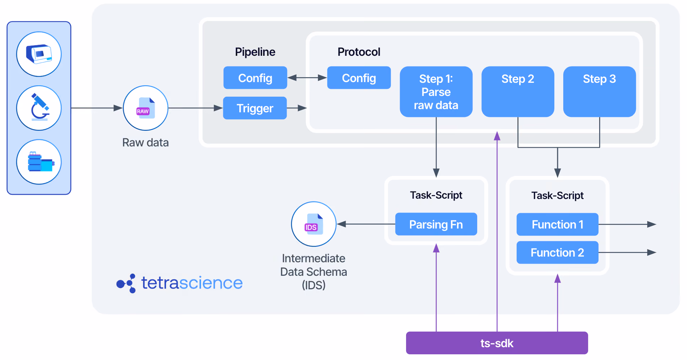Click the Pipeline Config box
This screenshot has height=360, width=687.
(x=255, y=78)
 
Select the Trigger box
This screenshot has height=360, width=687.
(x=255, y=108)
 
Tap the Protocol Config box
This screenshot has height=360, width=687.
(x=359, y=78)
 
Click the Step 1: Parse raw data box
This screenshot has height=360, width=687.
(x=436, y=92)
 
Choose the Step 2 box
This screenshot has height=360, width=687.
(x=518, y=92)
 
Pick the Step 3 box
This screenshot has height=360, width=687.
(x=600, y=92)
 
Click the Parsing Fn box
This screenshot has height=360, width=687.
(x=436, y=224)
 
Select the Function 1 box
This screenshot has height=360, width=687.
(x=558, y=224)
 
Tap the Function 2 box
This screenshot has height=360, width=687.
(x=558, y=252)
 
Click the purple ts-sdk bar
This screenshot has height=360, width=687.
(x=497, y=343)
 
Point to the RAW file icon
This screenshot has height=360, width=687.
(x=145, y=108)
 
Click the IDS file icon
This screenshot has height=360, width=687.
(x=314, y=224)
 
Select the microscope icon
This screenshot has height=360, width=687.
(x=39, y=108)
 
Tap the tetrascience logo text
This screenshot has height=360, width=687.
(x=192, y=283)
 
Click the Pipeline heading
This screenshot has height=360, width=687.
(x=255, y=52)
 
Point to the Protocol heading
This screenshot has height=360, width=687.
(x=359, y=52)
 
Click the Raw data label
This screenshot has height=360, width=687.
(x=145, y=143)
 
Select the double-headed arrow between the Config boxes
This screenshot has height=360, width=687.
(x=307, y=77)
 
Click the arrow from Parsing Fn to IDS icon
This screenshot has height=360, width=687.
(x=366, y=224)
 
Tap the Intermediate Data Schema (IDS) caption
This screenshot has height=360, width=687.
(x=314, y=272)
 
